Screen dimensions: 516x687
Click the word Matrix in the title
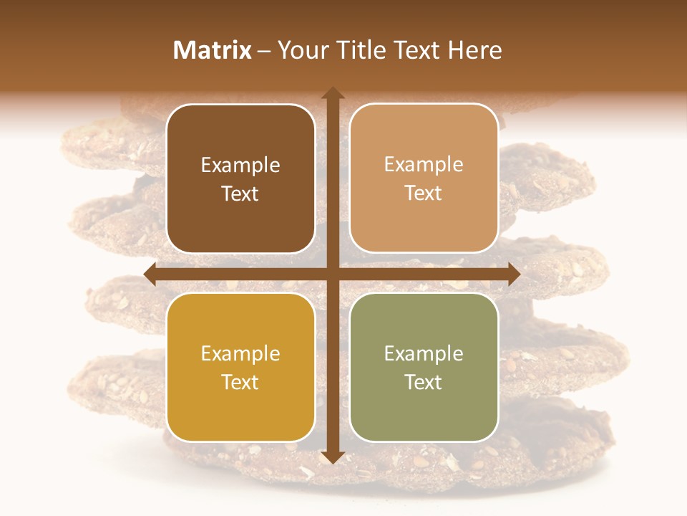coord(213,50)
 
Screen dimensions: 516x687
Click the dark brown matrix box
coord(240,178)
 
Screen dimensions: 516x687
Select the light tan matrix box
coord(424,178)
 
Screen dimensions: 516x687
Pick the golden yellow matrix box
coord(240,367)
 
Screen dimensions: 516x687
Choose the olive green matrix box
coord(424,367)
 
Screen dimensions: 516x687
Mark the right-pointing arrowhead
coord(513,274)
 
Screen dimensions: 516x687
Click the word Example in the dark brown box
coord(240,166)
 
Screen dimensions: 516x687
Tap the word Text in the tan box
coord(424,193)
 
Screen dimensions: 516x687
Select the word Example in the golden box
coord(240,354)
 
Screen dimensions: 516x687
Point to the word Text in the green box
coord(424,382)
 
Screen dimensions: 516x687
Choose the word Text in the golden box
coord(240,382)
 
